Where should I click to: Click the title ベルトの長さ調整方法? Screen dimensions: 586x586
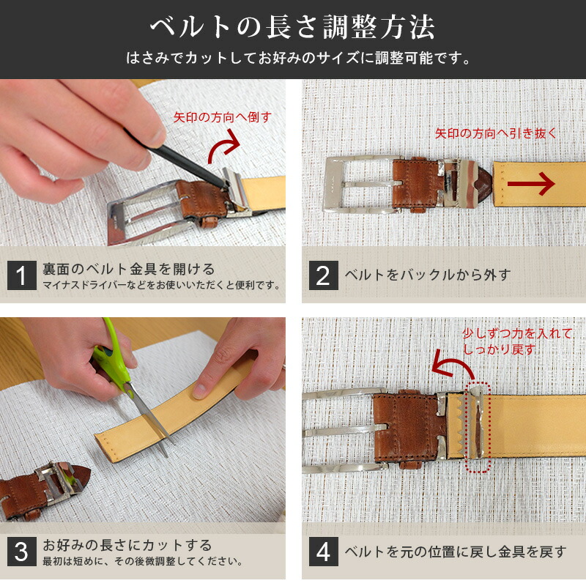[293, 27]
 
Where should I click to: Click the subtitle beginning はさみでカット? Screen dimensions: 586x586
[293, 57]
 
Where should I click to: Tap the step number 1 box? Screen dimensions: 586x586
[21, 275]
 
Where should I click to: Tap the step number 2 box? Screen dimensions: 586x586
[323, 275]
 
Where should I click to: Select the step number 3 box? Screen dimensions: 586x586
[21, 552]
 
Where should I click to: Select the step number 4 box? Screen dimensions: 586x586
[323, 552]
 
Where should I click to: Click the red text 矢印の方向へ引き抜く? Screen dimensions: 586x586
[496, 133]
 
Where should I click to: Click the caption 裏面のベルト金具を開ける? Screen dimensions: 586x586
[128, 269]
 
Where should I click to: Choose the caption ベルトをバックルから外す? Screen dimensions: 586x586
[427, 275]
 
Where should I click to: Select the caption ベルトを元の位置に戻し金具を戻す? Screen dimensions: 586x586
[455, 552]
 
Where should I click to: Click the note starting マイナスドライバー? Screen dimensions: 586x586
[161, 285]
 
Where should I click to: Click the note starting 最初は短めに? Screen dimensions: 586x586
[142, 562]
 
